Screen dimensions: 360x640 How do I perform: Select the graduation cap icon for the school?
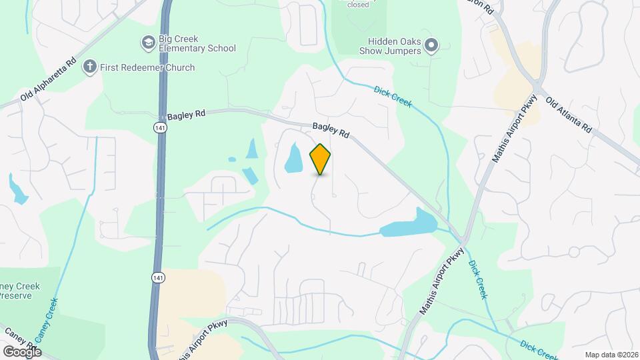click(147, 43)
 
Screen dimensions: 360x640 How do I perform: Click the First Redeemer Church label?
click(147, 67)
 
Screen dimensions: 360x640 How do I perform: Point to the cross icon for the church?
click(90, 67)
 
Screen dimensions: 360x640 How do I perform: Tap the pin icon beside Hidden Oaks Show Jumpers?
click(431, 45)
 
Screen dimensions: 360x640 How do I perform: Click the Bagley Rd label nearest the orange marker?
click(331, 129)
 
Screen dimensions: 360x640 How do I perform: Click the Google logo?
click(22, 351)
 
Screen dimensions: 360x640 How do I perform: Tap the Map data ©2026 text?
click(611, 354)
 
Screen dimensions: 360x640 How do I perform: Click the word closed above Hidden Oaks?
click(358, 5)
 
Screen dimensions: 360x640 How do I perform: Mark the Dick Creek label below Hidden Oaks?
click(393, 97)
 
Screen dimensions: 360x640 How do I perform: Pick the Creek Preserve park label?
click(20, 291)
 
